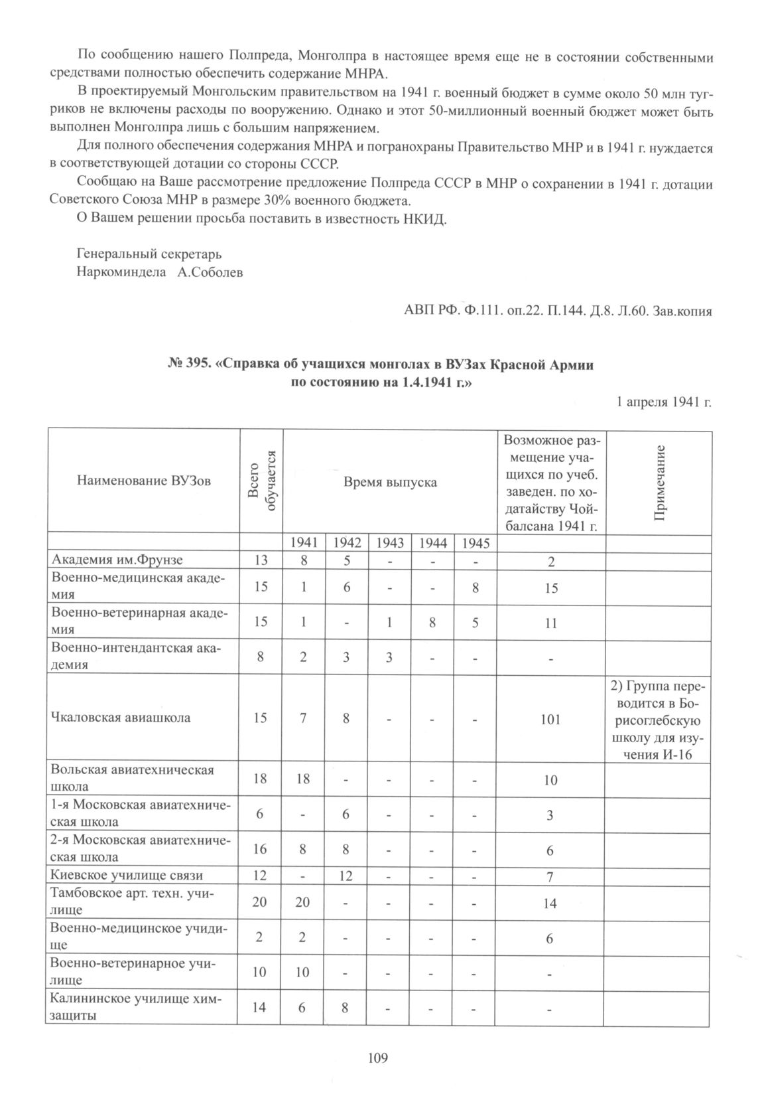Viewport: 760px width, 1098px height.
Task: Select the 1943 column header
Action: [x=389, y=542]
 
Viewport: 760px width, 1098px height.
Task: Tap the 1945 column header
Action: [x=475, y=542]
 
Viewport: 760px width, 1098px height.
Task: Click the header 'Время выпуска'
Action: [x=389, y=482]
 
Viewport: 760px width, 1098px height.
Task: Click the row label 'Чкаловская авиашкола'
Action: [x=121, y=718]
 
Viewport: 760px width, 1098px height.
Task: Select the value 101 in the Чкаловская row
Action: [x=550, y=719]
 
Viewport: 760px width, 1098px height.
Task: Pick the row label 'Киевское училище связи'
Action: [x=127, y=875]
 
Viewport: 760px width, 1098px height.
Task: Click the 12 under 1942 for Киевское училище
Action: [x=346, y=876]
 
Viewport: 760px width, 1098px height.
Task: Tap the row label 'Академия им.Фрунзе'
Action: [x=117, y=560]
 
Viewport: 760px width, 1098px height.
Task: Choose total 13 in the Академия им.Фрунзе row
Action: [x=261, y=560]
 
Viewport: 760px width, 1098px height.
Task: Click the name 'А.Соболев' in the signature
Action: [x=210, y=272]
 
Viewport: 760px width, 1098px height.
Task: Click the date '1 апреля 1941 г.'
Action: [x=664, y=402]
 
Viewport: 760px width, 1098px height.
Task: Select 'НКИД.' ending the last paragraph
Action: [x=424, y=220]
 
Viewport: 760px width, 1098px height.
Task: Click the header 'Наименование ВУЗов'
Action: [x=143, y=481]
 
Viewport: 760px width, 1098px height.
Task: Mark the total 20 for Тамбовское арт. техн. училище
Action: [x=261, y=903]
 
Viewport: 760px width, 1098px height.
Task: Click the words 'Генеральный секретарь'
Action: [x=149, y=254]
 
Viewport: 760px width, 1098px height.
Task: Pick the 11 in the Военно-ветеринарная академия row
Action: [x=550, y=623]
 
